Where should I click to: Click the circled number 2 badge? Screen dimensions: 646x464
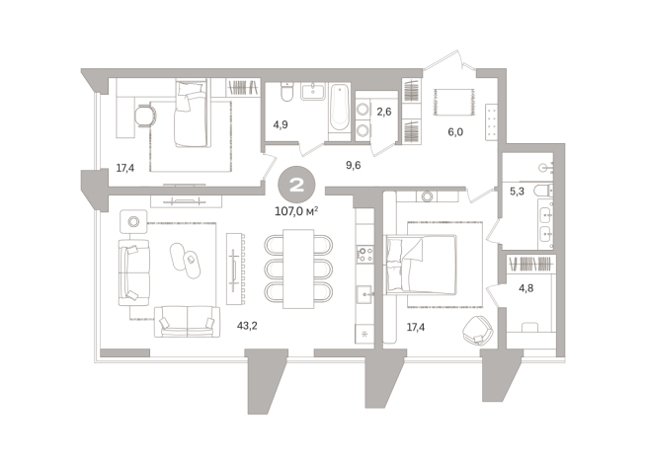(x=296, y=185)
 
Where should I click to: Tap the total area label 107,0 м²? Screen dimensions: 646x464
(x=296, y=211)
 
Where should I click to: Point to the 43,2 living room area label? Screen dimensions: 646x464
(x=247, y=326)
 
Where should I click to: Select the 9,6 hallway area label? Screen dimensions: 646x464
(x=353, y=166)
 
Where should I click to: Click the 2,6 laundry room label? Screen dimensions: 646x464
(x=384, y=112)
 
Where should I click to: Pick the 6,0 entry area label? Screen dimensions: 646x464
(x=455, y=132)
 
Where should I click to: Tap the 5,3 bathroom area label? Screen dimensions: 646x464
(x=517, y=192)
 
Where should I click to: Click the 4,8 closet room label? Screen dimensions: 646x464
(x=526, y=288)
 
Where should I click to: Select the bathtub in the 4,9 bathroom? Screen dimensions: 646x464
(x=340, y=107)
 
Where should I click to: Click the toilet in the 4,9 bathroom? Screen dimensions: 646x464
(x=286, y=92)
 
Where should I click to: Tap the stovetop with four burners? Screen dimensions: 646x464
(x=364, y=254)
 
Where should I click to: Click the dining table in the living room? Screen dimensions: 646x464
(x=298, y=269)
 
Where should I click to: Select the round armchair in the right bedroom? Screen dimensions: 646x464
(x=478, y=330)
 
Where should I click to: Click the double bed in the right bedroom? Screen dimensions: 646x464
(x=421, y=265)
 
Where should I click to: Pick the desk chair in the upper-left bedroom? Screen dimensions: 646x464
(x=146, y=116)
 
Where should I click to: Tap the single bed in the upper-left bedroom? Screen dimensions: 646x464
(x=191, y=114)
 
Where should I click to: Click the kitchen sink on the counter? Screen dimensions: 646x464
(x=364, y=295)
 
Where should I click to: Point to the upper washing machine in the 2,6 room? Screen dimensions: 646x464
(x=363, y=110)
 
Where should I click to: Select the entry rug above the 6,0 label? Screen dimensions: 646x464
(x=453, y=102)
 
